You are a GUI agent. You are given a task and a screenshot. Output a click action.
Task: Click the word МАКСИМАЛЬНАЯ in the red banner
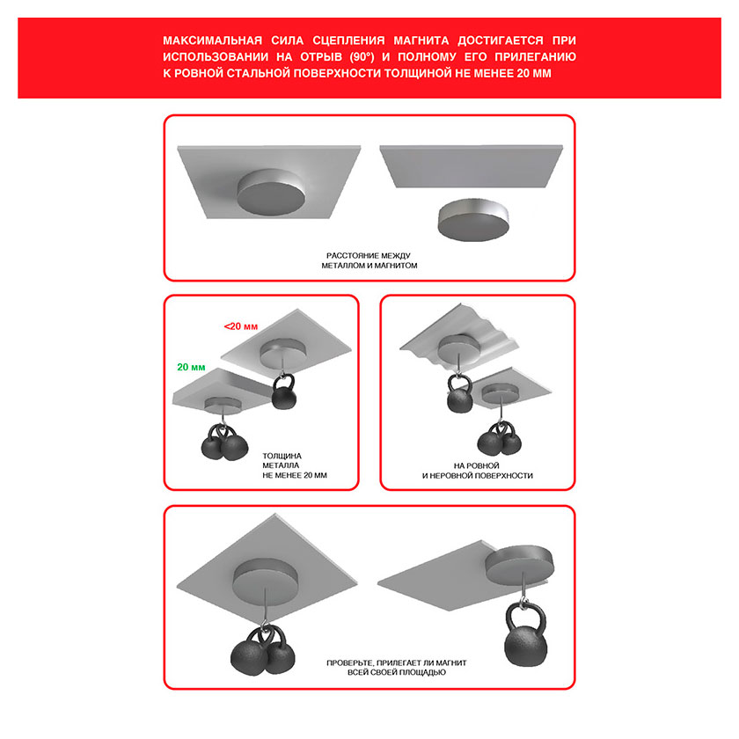point(212,40)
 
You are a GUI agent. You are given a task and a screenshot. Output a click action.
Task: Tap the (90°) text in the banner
point(362,57)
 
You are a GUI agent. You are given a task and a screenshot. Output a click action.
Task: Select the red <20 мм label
point(241,326)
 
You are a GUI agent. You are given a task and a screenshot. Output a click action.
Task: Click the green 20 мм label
point(191,367)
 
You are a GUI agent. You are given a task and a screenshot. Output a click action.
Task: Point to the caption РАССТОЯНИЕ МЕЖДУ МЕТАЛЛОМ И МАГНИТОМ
point(369,260)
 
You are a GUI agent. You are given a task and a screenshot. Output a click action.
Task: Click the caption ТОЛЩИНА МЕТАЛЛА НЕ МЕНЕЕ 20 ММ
point(295,465)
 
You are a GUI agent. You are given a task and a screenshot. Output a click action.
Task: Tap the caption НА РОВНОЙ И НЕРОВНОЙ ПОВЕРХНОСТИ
point(478,471)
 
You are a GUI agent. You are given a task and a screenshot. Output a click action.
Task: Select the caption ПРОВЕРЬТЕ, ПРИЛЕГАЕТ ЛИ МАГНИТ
point(397,662)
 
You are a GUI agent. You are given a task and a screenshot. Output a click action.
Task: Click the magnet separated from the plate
point(473,219)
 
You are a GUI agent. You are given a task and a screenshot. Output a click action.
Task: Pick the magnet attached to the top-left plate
point(271,193)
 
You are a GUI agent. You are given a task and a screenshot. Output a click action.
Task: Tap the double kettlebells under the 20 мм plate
point(224,443)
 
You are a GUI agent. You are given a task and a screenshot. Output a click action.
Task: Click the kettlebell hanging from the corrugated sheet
point(459,394)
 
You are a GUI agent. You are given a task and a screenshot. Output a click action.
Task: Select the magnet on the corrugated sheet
point(458,347)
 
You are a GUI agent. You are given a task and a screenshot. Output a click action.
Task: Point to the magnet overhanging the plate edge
point(520,564)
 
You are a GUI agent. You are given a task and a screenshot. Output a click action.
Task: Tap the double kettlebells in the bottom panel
point(263,651)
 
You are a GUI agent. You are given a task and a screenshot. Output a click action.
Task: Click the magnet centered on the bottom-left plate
point(266,577)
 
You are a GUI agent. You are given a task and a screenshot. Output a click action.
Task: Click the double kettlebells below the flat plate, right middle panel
point(500,438)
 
